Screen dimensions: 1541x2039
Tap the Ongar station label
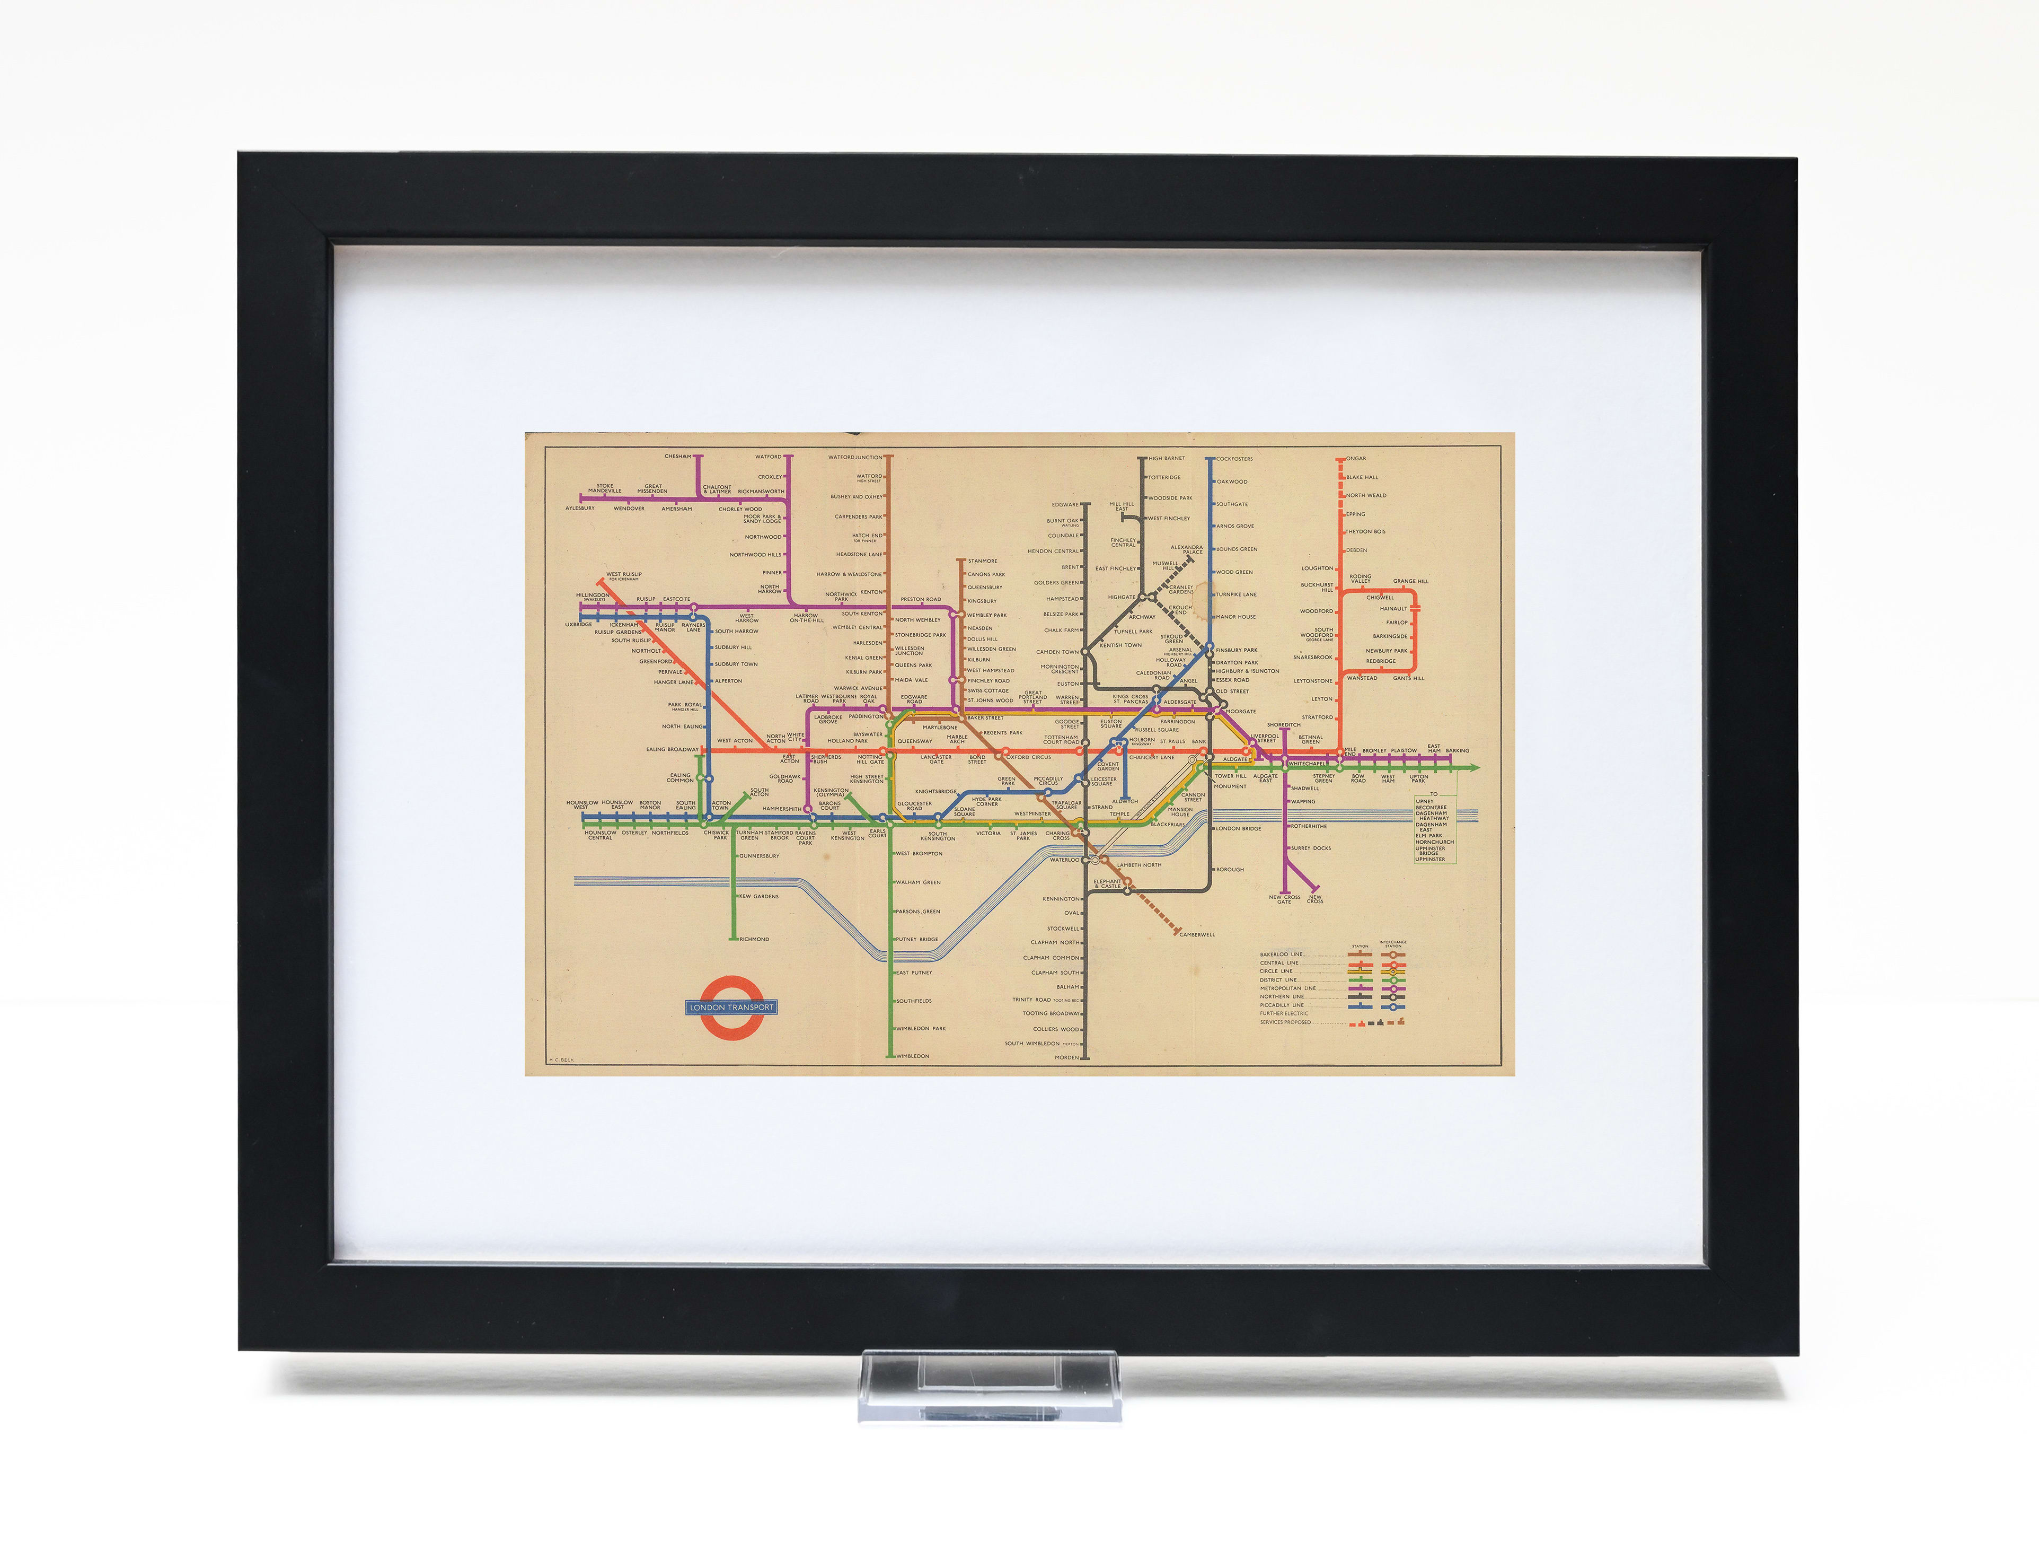(x=1357, y=458)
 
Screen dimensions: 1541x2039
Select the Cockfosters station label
(x=1234, y=458)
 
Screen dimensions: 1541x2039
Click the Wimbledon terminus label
(x=913, y=1056)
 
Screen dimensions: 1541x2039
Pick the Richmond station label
(x=754, y=939)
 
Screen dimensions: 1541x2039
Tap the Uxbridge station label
(x=579, y=624)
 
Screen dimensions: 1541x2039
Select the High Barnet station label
(x=1167, y=458)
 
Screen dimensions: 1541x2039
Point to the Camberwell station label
(x=1197, y=934)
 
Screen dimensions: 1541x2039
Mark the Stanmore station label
(x=983, y=561)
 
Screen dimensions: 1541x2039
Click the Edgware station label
(x=1065, y=504)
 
